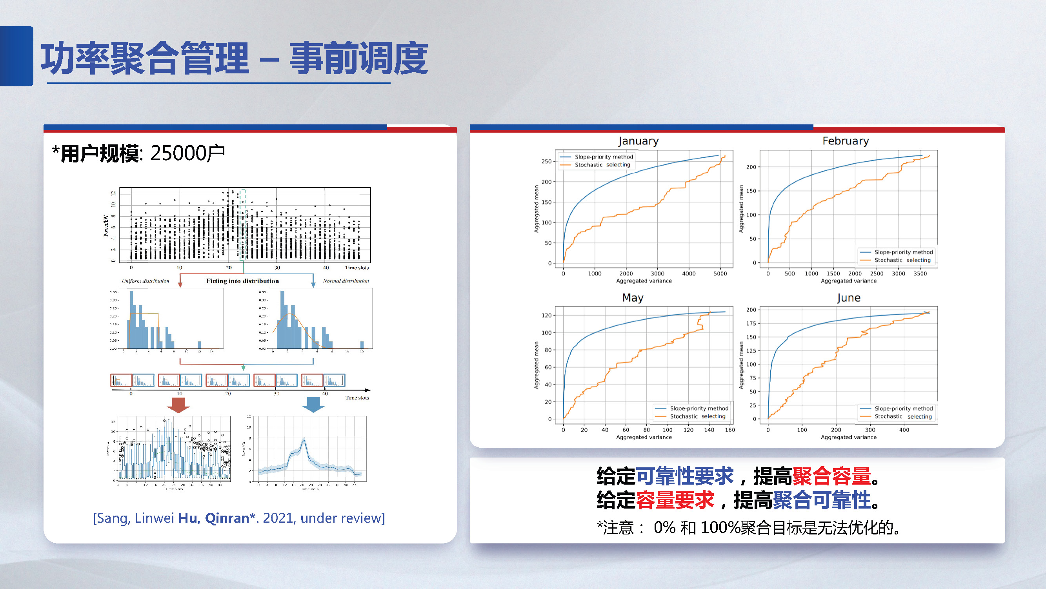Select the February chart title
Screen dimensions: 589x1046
click(x=846, y=141)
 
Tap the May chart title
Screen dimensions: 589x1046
click(x=632, y=298)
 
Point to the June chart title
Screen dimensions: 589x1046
click(x=848, y=298)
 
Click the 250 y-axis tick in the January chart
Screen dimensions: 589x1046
click(x=546, y=161)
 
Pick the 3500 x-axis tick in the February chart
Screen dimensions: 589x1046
click(x=920, y=274)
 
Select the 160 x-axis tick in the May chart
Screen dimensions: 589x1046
click(x=729, y=430)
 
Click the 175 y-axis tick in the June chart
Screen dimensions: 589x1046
click(x=751, y=323)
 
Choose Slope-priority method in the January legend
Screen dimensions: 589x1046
click(x=603, y=157)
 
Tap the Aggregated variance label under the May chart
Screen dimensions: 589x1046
click(x=644, y=438)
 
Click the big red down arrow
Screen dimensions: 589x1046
click(x=178, y=405)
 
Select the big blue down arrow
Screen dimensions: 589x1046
click(x=313, y=405)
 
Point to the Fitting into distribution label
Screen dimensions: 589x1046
click(x=242, y=281)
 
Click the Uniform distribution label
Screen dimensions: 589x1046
click(x=146, y=281)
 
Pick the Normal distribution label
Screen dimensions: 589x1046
click(x=346, y=281)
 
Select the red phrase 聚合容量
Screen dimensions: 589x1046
click(x=831, y=476)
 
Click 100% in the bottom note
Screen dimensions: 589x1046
click(x=720, y=528)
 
